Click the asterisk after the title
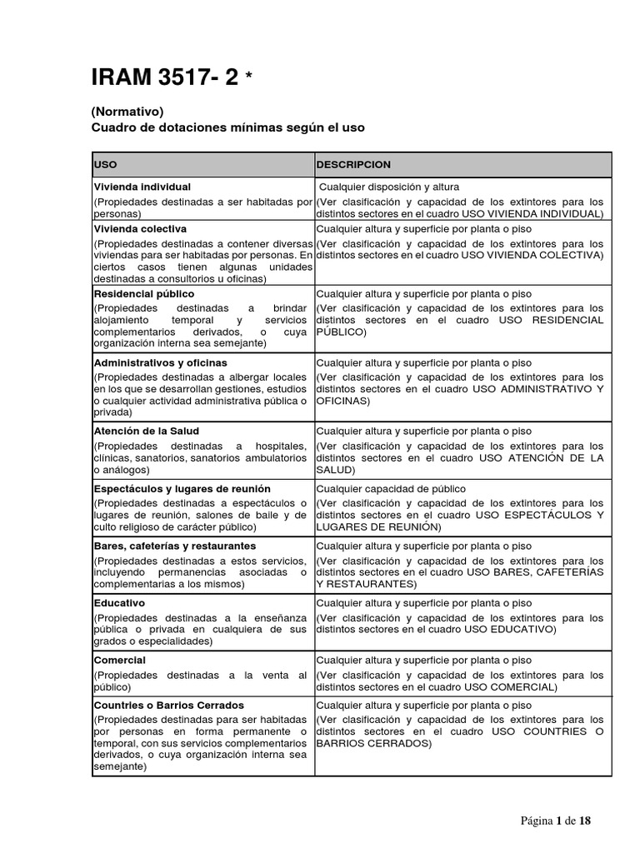coord(249,77)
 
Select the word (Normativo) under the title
coord(127,111)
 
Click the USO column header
coord(106,165)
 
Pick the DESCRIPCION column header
coord(353,165)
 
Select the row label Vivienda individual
coord(142,187)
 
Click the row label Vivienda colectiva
coord(140,228)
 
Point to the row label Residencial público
coord(144,294)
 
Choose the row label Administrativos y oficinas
coord(160,363)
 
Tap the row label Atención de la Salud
coord(146,431)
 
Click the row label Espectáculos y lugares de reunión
coord(182,489)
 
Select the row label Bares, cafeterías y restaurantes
coord(175,546)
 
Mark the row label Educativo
coord(119,602)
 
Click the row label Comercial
coord(119,660)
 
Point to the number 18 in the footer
coord(585,821)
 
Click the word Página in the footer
coord(537,821)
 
